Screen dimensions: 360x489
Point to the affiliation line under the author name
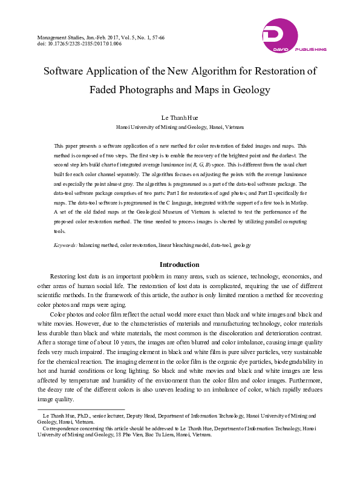pyautogui.click(x=180, y=128)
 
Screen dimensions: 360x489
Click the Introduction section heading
pyautogui.click(x=180, y=264)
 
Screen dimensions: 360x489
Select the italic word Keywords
pyautogui.click(x=65, y=245)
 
